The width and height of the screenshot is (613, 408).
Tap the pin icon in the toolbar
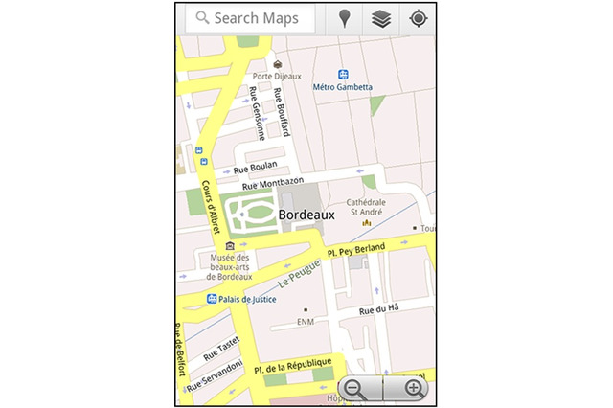coord(345,18)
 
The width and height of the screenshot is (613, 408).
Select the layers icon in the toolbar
coord(381,18)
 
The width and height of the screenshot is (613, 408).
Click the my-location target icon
coord(418,18)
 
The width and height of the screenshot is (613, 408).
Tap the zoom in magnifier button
coord(414,388)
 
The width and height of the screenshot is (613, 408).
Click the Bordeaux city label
coord(306,215)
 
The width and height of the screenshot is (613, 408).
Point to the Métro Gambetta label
coord(343,87)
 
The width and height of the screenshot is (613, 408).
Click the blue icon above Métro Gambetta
coord(343,74)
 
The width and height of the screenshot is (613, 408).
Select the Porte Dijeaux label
coord(277,76)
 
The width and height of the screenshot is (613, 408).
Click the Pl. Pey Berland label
coord(355,250)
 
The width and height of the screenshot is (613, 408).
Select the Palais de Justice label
coord(247,299)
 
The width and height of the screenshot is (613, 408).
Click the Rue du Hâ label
coord(378,309)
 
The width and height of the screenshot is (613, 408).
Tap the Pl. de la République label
coord(293,365)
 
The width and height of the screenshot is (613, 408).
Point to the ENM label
coord(306,322)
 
